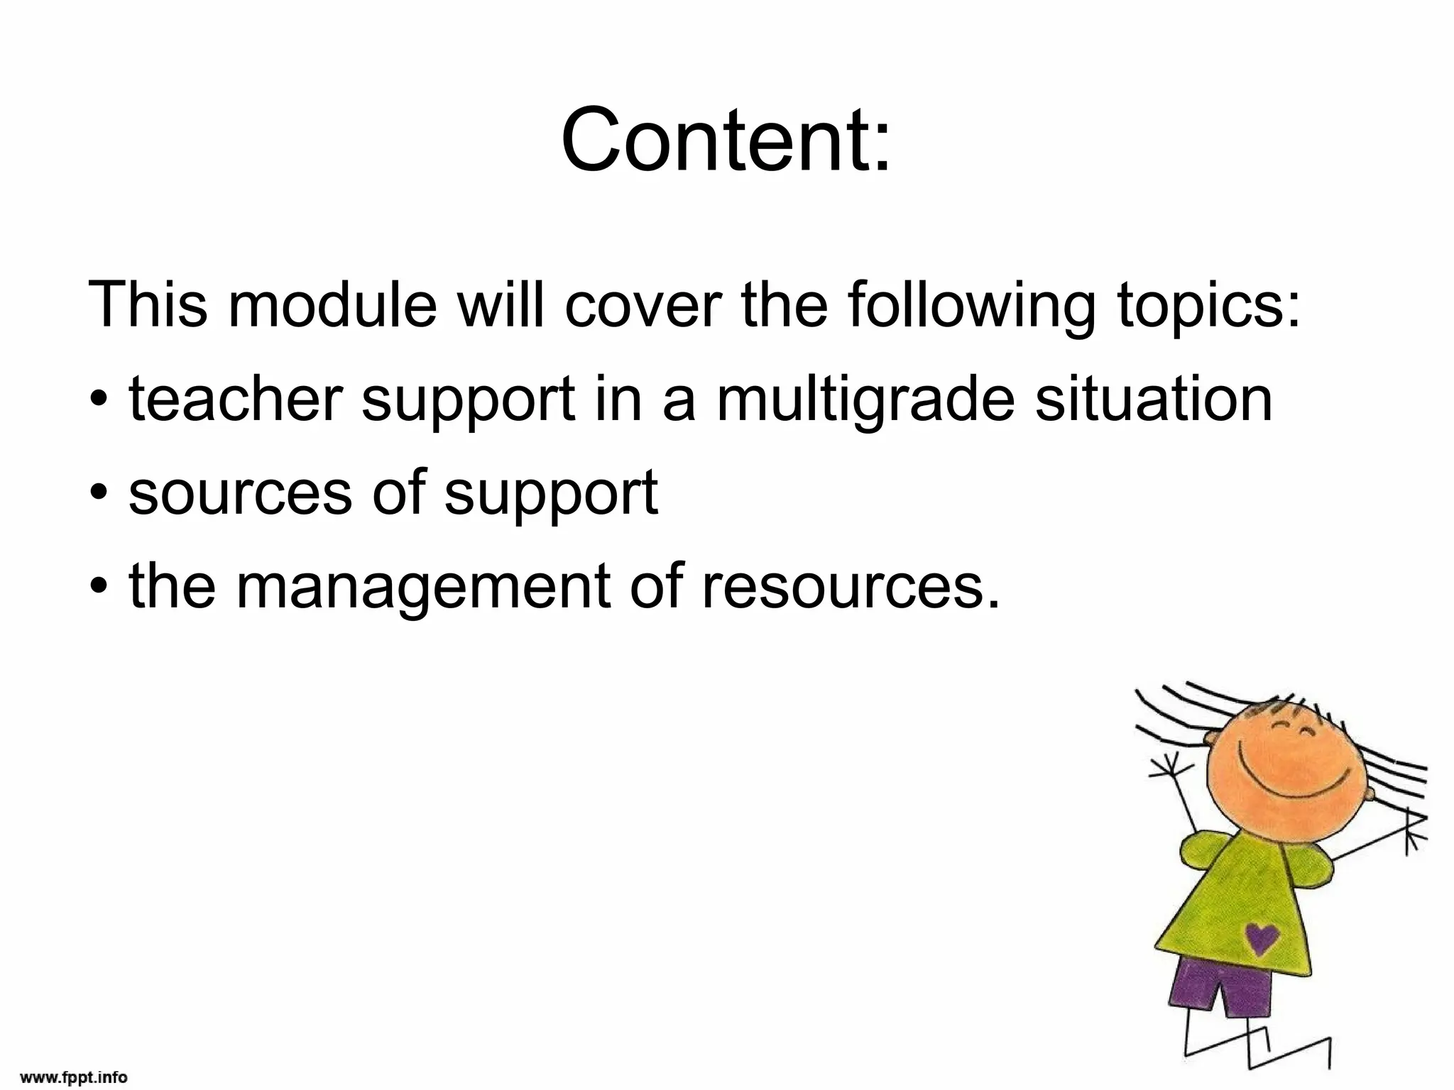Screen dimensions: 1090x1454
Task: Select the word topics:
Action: pos(1210,307)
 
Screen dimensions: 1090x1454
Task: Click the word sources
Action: pos(240,493)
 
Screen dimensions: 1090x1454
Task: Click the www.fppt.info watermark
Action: pos(74,1077)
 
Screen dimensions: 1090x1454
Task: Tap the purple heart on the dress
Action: pos(1262,938)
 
